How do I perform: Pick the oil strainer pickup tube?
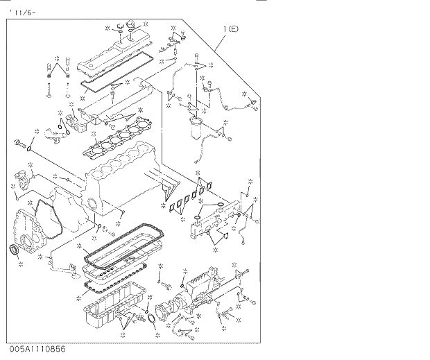(62, 264)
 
